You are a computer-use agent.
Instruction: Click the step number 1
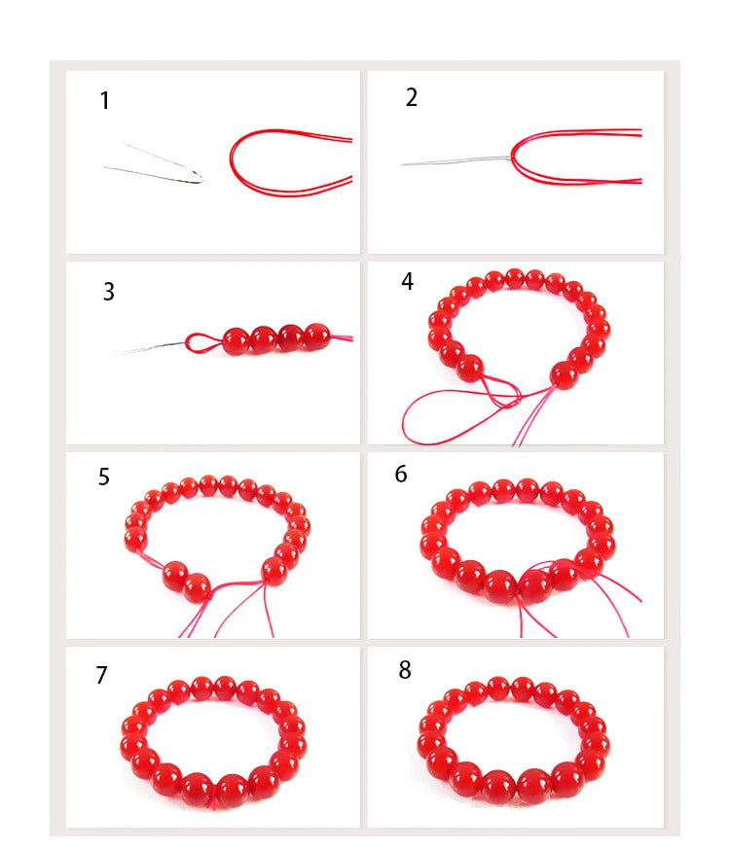104,101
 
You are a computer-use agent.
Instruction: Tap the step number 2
412,97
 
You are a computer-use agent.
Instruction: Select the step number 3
108,292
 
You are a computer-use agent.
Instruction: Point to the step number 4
407,281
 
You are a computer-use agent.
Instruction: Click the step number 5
103,477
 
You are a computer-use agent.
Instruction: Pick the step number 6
400,474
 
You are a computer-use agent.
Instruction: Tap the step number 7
101,675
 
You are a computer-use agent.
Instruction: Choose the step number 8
405,670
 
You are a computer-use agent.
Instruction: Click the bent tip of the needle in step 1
201,179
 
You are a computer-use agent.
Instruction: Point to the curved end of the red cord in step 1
231,160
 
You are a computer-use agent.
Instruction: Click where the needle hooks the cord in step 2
512,158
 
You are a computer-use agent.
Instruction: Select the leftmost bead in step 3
237,341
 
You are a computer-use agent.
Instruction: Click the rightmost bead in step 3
316,336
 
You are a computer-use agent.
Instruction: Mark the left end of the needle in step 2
402,164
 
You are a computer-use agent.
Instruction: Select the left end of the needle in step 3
112,355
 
